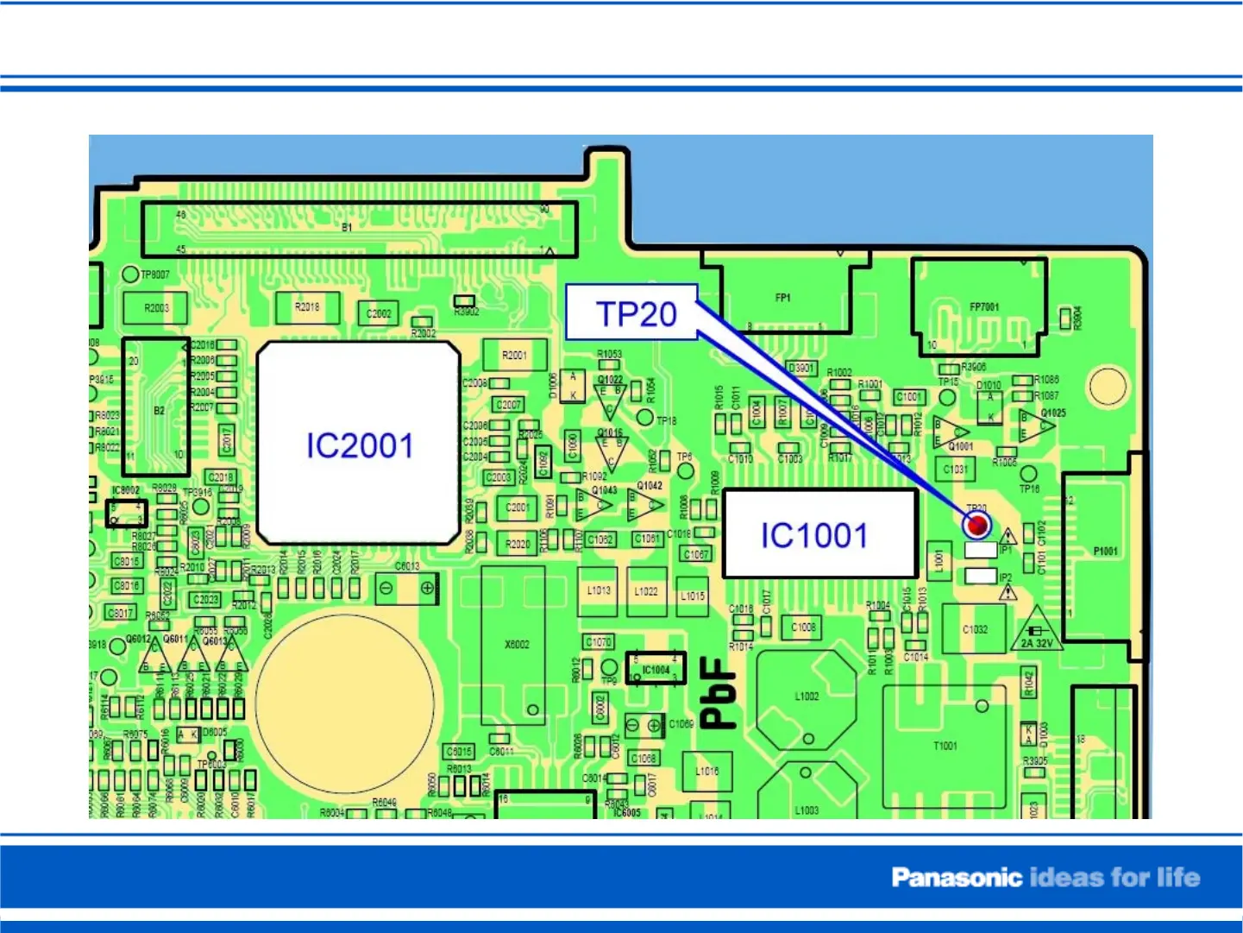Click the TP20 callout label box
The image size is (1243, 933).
(631, 312)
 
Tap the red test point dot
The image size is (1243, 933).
(977, 524)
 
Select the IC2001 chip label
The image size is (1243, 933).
(360, 445)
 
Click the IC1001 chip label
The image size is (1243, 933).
(813, 535)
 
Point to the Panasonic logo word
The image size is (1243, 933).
(956, 878)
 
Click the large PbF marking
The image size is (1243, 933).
(719, 692)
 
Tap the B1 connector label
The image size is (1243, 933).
(347, 228)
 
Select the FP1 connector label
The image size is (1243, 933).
(782, 298)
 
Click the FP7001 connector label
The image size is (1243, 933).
(983, 306)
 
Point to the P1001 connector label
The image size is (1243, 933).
(1105, 551)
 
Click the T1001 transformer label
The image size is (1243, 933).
(945, 746)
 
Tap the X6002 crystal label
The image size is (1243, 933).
(517, 644)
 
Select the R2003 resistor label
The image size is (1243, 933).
(156, 308)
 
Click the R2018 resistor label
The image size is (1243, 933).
(307, 306)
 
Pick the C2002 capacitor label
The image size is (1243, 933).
(379, 313)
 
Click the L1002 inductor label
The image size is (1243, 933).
(807, 696)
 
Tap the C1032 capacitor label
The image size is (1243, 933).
(975, 629)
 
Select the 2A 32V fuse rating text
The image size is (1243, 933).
(1037, 643)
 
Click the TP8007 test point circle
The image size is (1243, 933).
(130, 274)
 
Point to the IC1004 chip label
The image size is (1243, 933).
(656, 669)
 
